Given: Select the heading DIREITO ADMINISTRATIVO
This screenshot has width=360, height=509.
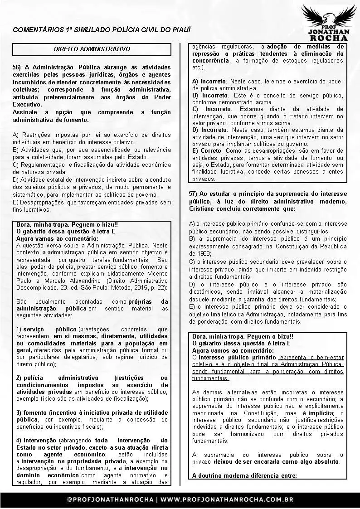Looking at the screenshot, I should [x=92, y=48].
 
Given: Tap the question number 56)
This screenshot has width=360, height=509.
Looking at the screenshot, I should [x=18, y=67].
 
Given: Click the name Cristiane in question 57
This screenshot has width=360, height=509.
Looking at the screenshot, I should [x=202, y=209].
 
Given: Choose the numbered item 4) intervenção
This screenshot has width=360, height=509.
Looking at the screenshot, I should [x=35, y=440].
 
